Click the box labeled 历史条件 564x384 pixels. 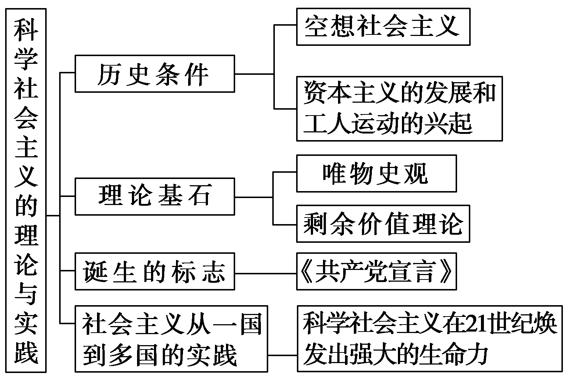point(155,74)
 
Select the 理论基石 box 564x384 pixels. point(155,196)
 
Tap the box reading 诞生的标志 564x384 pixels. point(155,271)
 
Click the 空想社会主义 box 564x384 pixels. point(383,27)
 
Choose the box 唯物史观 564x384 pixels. point(376,173)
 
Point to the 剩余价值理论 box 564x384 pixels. point(383,224)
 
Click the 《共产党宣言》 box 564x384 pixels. point(376,271)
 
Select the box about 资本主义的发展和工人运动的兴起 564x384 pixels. point(399,109)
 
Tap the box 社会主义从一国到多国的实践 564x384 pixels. point(171,339)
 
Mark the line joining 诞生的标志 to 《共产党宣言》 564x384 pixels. point(265,274)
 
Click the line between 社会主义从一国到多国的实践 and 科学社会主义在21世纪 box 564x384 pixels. point(282,355)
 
